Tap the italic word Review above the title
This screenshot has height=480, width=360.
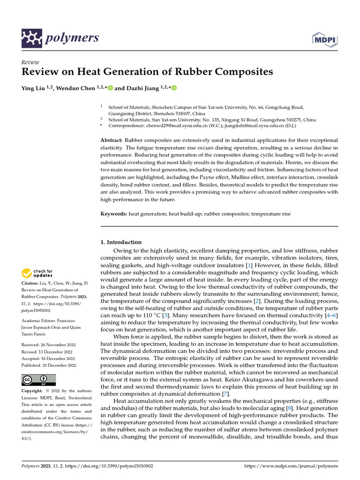30,62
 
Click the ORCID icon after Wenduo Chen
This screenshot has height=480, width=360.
111,88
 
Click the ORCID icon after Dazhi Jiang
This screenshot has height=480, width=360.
175,88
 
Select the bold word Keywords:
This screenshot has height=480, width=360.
114,214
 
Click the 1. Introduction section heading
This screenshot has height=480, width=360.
121,242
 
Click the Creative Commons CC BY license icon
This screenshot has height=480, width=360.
39,380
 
